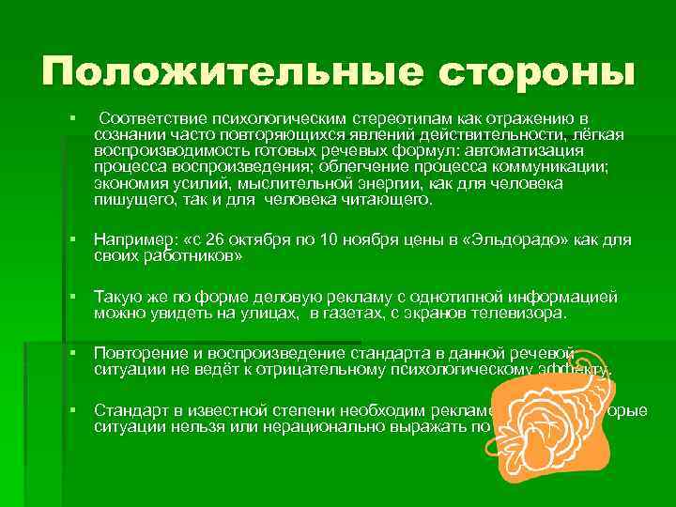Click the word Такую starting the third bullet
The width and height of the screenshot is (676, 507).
115,297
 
